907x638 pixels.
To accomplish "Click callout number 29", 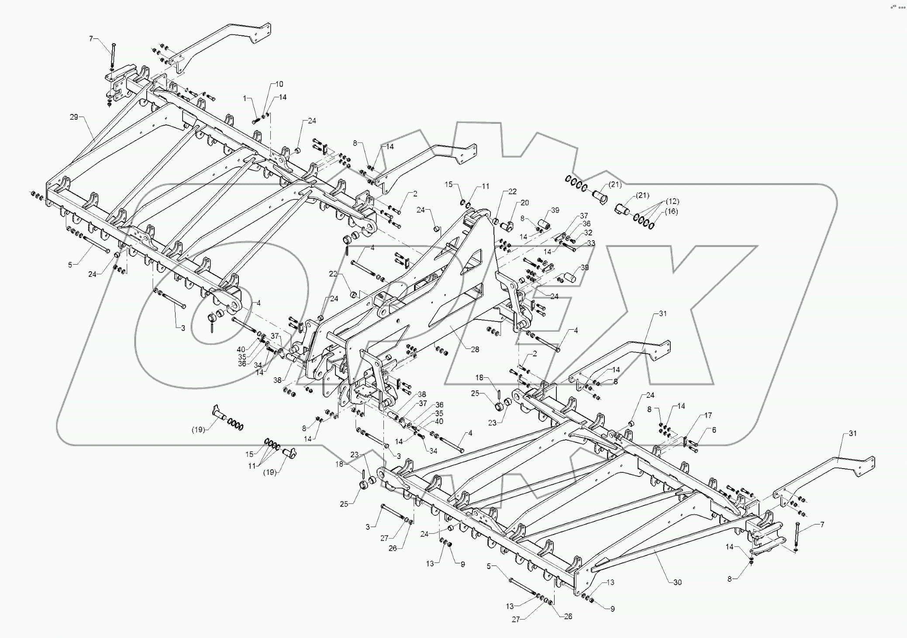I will [x=74, y=117].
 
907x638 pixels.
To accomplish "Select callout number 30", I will [x=677, y=582].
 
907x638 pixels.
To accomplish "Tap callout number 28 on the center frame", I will [x=475, y=349].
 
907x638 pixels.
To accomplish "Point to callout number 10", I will [x=279, y=84].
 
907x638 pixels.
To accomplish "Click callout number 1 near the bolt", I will [x=245, y=99].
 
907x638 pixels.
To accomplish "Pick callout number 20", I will [x=524, y=203].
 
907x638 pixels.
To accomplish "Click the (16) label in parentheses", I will [x=671, y=211].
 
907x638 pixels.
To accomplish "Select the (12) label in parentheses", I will [x=672, y=201].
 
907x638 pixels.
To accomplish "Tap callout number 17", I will [x=708, y=415].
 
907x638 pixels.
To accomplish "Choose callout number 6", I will [x=714, y=430].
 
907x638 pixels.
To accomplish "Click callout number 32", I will [x=588, y=233].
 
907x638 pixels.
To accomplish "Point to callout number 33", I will [x=591, y=243].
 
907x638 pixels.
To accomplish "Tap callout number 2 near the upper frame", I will [x=415, y=194].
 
